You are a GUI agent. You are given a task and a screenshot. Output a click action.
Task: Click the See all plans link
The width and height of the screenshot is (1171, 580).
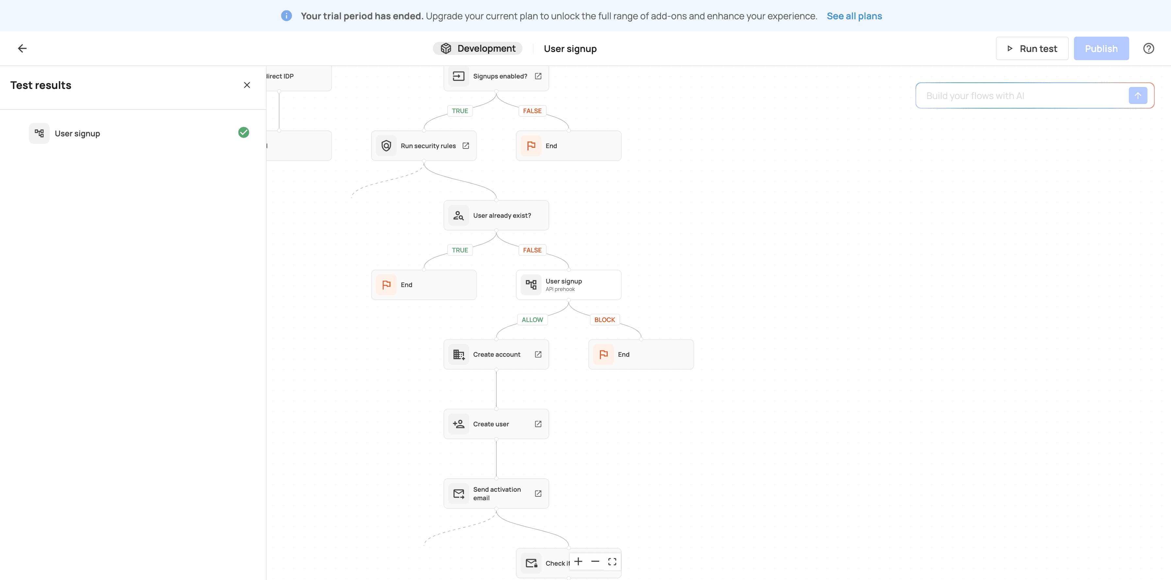(854, 16)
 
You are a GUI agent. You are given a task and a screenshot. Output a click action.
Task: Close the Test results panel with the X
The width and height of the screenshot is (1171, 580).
(247, 85)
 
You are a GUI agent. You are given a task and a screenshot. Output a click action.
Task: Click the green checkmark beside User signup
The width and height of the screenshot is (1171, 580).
(244, 132)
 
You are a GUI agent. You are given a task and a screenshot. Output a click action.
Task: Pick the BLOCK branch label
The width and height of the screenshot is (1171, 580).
(604, 320)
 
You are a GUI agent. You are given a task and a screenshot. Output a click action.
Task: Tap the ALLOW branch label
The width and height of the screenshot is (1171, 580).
(532, 320)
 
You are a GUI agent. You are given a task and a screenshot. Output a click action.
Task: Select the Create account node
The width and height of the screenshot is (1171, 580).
(496, 354)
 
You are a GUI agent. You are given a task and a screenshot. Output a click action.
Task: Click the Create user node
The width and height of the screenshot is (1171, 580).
(496, 424)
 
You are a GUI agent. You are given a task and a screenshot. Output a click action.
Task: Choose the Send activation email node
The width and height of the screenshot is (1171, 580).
(496, 494)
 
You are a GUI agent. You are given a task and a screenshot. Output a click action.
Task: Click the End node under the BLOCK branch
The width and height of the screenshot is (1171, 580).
(641, 354)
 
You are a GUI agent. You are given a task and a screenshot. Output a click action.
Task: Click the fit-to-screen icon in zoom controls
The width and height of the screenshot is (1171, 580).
(612, 562)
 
